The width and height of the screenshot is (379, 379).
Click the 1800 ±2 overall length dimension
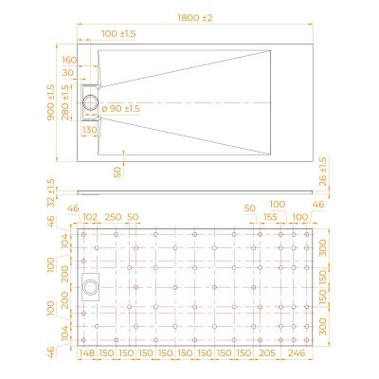click(x=195, y=18)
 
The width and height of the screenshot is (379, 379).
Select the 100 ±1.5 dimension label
click(x=118, y=33)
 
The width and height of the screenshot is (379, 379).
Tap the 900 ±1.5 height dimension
click(x=50, y=102)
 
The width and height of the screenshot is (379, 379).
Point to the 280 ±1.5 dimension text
click(x=65, y=102)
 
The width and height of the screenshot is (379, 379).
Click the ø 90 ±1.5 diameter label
click(x=121, y=109)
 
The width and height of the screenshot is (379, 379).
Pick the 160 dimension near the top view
click(x=69, y=60)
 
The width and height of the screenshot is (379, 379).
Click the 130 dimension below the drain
click(x=90, y=130)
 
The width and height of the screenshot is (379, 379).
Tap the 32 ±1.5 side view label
click(x=51, y=192)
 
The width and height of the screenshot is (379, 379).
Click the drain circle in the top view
click(x=91, y=103)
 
